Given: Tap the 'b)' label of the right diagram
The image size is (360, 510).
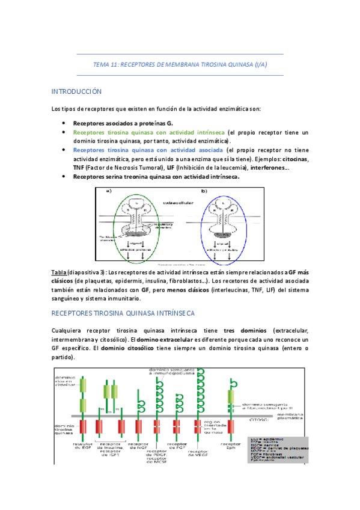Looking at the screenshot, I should click(x=204, y=191).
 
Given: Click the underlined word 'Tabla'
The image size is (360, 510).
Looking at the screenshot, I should click(x=59, y=272).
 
